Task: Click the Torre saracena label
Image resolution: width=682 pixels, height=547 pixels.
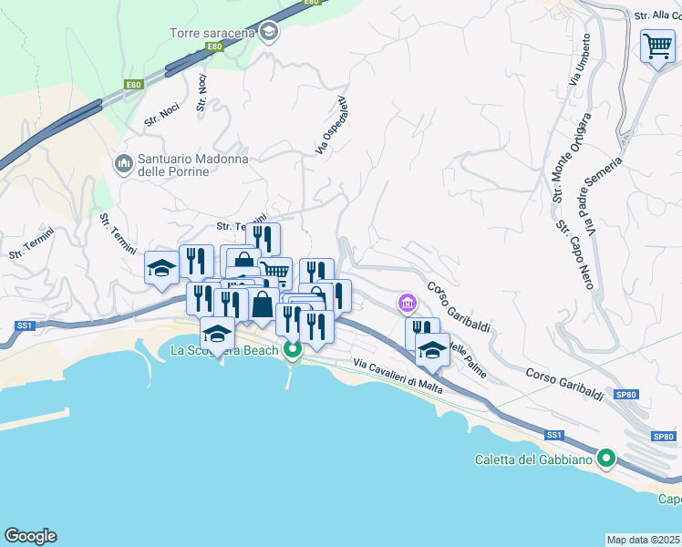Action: click(212, 34)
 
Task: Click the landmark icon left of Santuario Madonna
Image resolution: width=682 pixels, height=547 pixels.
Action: click(123, 164)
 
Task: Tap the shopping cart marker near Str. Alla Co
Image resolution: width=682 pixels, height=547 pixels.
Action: click(656, 46)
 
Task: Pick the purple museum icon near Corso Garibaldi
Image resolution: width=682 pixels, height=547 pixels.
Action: click(407, 302)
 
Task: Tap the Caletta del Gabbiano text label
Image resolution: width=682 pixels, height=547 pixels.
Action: click(533, 459)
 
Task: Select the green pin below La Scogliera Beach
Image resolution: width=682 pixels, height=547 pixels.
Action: click(292, 349)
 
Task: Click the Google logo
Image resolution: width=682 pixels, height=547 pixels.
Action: click(30, 536)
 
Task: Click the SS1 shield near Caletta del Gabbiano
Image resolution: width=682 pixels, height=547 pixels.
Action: click(553, 436)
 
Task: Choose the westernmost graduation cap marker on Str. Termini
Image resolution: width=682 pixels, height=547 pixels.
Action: click(161, 267)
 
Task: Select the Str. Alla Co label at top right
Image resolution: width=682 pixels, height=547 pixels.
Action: click(656, 15)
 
